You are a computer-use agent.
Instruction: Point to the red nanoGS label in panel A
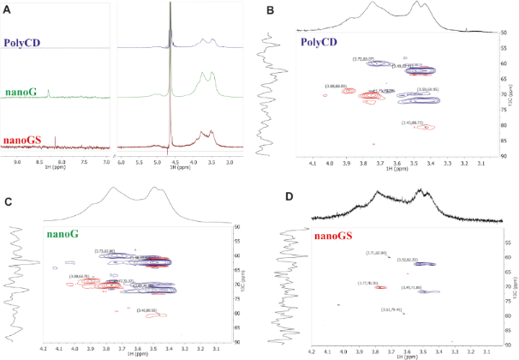pos(25,141)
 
